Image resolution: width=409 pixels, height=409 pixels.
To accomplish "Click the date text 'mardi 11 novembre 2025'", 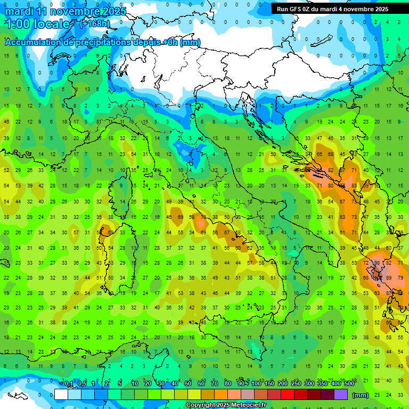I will coord(66,11).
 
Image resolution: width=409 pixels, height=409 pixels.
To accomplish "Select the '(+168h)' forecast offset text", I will coord(95,23).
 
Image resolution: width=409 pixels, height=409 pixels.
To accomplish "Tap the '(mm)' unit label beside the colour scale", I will coord(361,395).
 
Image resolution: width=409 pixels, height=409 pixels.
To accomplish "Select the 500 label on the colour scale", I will coord(349,383).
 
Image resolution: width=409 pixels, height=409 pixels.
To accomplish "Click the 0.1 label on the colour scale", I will coord(69,383).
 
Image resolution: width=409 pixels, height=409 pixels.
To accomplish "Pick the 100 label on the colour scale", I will coord(256,383).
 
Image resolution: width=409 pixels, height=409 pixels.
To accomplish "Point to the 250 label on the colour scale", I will coord(296,383).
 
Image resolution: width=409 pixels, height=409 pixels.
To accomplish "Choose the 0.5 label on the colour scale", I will coord(82,383).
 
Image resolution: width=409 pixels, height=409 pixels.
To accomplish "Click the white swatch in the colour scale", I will coord(61,395).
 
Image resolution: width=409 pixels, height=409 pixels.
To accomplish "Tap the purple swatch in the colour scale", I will coord(341,395).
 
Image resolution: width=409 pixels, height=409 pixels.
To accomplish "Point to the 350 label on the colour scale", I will coord(323,383).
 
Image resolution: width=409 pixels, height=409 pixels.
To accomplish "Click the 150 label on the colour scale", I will coord(269,383).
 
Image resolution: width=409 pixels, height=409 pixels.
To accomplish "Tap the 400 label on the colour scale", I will coord(336,383).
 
